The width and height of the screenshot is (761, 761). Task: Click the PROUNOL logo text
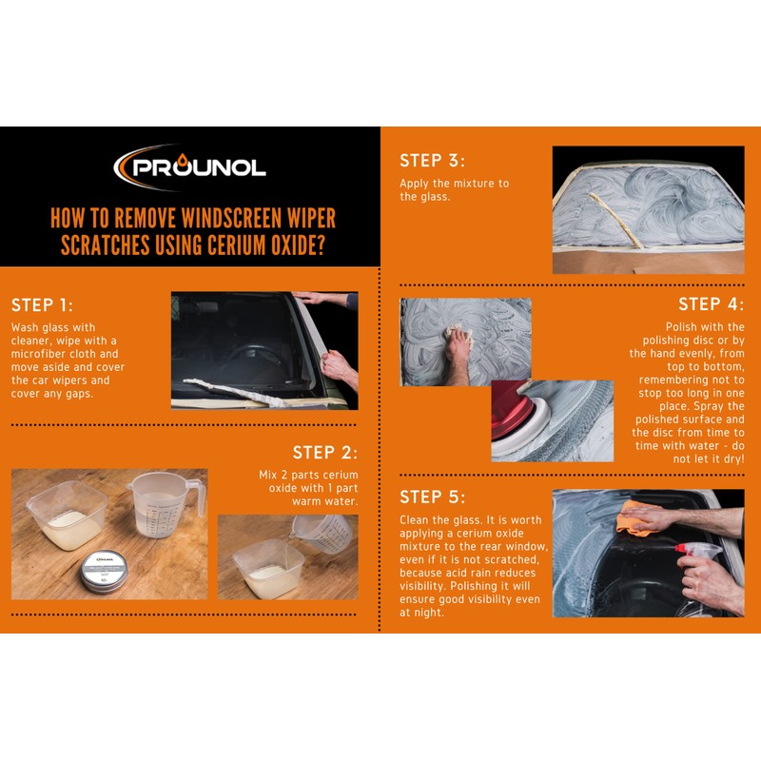(200, 169)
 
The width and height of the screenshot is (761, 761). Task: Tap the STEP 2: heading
(325, 453)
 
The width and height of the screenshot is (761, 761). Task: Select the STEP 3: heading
(432, 161)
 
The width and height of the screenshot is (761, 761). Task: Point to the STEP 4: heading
(711, 304)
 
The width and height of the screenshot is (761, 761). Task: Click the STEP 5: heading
(432, 497)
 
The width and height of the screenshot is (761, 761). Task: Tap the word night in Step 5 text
(429, 614)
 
